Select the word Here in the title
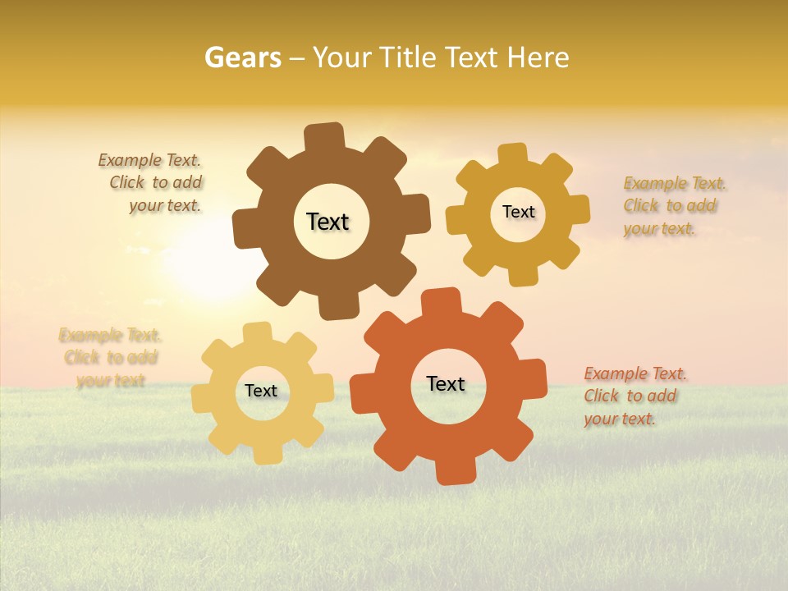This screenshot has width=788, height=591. pyautogui.click(x=538, y=57)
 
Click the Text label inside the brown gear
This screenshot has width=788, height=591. pyautogui.click(x=328, y=222)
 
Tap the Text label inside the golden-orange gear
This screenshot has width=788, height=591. pyautogui.click(x=518, y=212)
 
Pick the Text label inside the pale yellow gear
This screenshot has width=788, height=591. pyautogui.click(x=261, y=391)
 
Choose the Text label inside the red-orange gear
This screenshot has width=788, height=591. pyautogui.click(x=446, y=383)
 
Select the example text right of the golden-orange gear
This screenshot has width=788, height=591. pyautogui.click(x=673, y=205)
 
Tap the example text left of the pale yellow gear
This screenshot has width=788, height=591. pyautogui.click(x=111, y=357)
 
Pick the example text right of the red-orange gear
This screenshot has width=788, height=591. pyautogui.click(x=634, y=396)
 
